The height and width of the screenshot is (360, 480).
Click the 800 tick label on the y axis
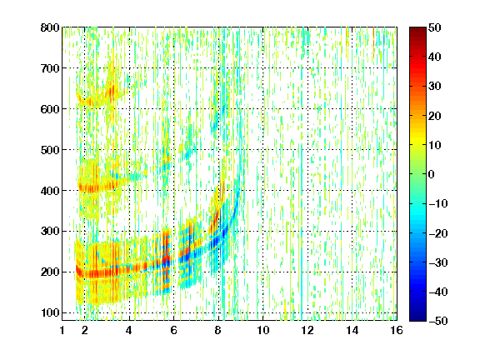pos(50,27)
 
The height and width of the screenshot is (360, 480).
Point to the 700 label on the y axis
pos(50,68)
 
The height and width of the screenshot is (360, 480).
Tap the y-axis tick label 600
pos(50,109)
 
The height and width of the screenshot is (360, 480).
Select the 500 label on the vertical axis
pos(50,150)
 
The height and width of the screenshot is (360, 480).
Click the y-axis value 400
pos(50,191)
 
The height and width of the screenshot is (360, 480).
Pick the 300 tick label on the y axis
pos(50,232)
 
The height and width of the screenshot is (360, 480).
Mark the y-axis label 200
pos(50,272)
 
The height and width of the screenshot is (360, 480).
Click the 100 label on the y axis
pos(50,312)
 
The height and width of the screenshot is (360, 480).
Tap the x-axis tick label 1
pos(62,330)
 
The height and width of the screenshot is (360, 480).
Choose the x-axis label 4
pos(129,330)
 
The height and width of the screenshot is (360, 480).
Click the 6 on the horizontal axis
pos(173,330)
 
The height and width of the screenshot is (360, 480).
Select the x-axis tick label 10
pos(263,330)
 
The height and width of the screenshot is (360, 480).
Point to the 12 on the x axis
pos(307,330)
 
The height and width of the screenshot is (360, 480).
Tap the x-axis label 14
pos(352,330)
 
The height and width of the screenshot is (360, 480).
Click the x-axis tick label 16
pos(397,330)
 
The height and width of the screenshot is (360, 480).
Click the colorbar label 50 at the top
pos(435,27)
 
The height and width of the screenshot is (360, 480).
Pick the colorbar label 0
pos(432,174)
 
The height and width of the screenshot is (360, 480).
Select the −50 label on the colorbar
pos(438,321)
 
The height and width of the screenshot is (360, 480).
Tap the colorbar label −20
pos(438,233)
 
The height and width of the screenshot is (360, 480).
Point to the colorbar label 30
pos(435,87)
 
